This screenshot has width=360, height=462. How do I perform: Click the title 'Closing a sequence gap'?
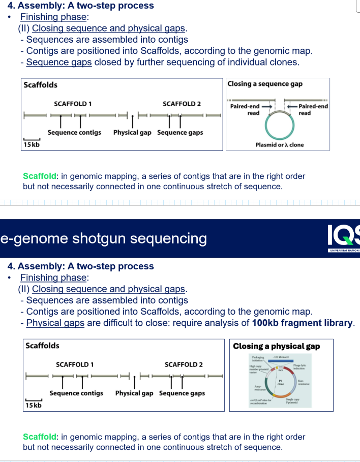(x=264, y=84)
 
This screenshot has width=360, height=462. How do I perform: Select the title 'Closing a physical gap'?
(x=276, y=346)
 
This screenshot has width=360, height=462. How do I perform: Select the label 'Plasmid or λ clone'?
(x=279, y=145)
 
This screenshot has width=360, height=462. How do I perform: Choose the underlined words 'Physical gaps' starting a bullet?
(x=55, y=323)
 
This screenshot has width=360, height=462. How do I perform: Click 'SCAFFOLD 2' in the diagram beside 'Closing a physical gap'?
(x=184, y=364)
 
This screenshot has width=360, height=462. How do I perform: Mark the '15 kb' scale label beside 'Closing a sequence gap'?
(x=32, y=145)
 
